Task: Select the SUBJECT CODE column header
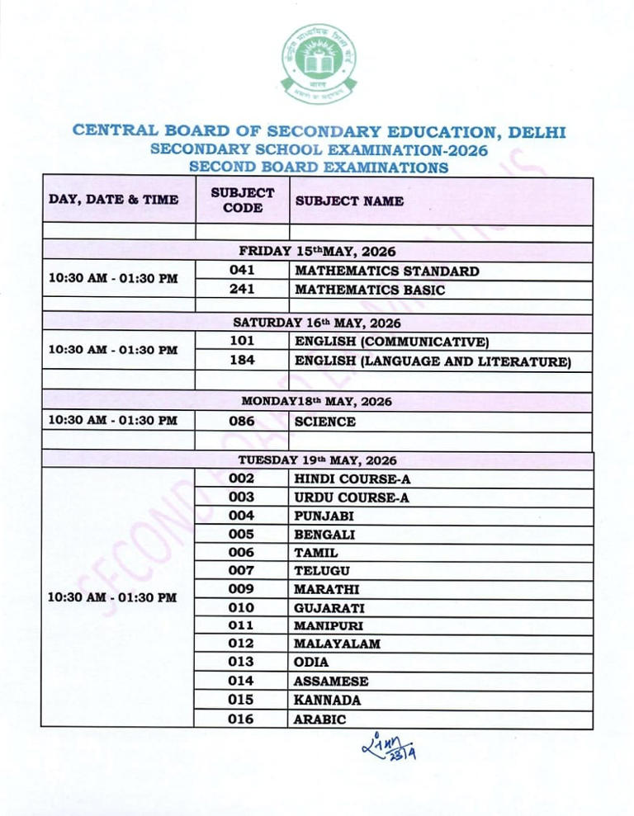[x=242, y=200]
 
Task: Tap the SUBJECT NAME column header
[x=349, y=200]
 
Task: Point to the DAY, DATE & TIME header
[x=114, y=200]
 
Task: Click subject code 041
[x=242, y=271]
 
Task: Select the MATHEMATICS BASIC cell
[x=369, y=290]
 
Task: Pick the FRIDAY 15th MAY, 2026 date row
[x=317, y=252]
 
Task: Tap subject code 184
[x=242, y=361]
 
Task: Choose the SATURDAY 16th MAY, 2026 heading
[x=317, y=323]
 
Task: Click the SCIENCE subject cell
[x=325, y=422]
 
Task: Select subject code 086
[x=242, y=422]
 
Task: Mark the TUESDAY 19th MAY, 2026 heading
[x=317, y=460]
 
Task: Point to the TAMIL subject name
[x=316, y=553]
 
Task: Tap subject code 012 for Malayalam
[x=242, y=644]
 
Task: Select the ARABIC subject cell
[x=319, y=719]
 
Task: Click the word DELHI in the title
[x=537, y=132]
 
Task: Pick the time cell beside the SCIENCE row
[x=114, y=421]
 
